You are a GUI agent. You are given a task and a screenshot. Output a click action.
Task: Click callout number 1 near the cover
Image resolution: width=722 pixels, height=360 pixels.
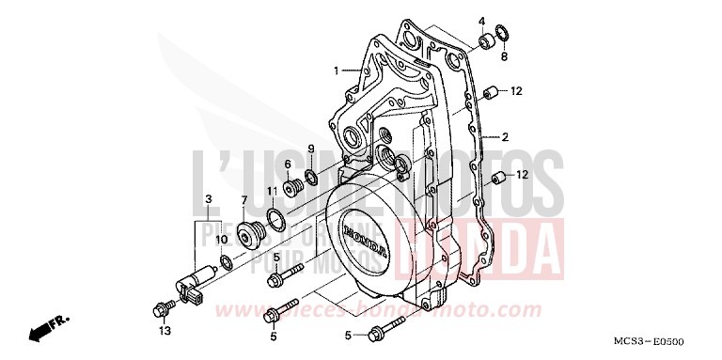click(335, 70)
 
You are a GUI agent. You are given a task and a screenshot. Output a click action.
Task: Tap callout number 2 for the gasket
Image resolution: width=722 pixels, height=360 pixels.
click(505, 137)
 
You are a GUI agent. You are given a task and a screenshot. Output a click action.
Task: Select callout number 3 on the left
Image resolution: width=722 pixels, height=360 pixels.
click(209, 198)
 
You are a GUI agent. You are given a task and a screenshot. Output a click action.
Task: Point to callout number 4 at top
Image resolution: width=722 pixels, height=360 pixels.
click(481, 21)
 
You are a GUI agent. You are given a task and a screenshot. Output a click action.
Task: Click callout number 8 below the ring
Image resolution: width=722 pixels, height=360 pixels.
click(503, 56)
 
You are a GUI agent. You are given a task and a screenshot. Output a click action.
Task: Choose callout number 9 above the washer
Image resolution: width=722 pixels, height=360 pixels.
click(310, 149)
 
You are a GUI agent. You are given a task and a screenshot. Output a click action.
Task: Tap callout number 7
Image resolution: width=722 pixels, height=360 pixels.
click(243, 200)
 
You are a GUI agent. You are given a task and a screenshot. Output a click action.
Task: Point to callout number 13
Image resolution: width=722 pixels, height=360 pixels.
click(164, 331)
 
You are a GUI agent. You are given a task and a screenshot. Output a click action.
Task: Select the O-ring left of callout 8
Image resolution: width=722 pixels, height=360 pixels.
click(503, 38)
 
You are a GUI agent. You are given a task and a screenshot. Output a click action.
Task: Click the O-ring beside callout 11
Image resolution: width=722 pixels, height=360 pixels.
click(276, 219)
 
